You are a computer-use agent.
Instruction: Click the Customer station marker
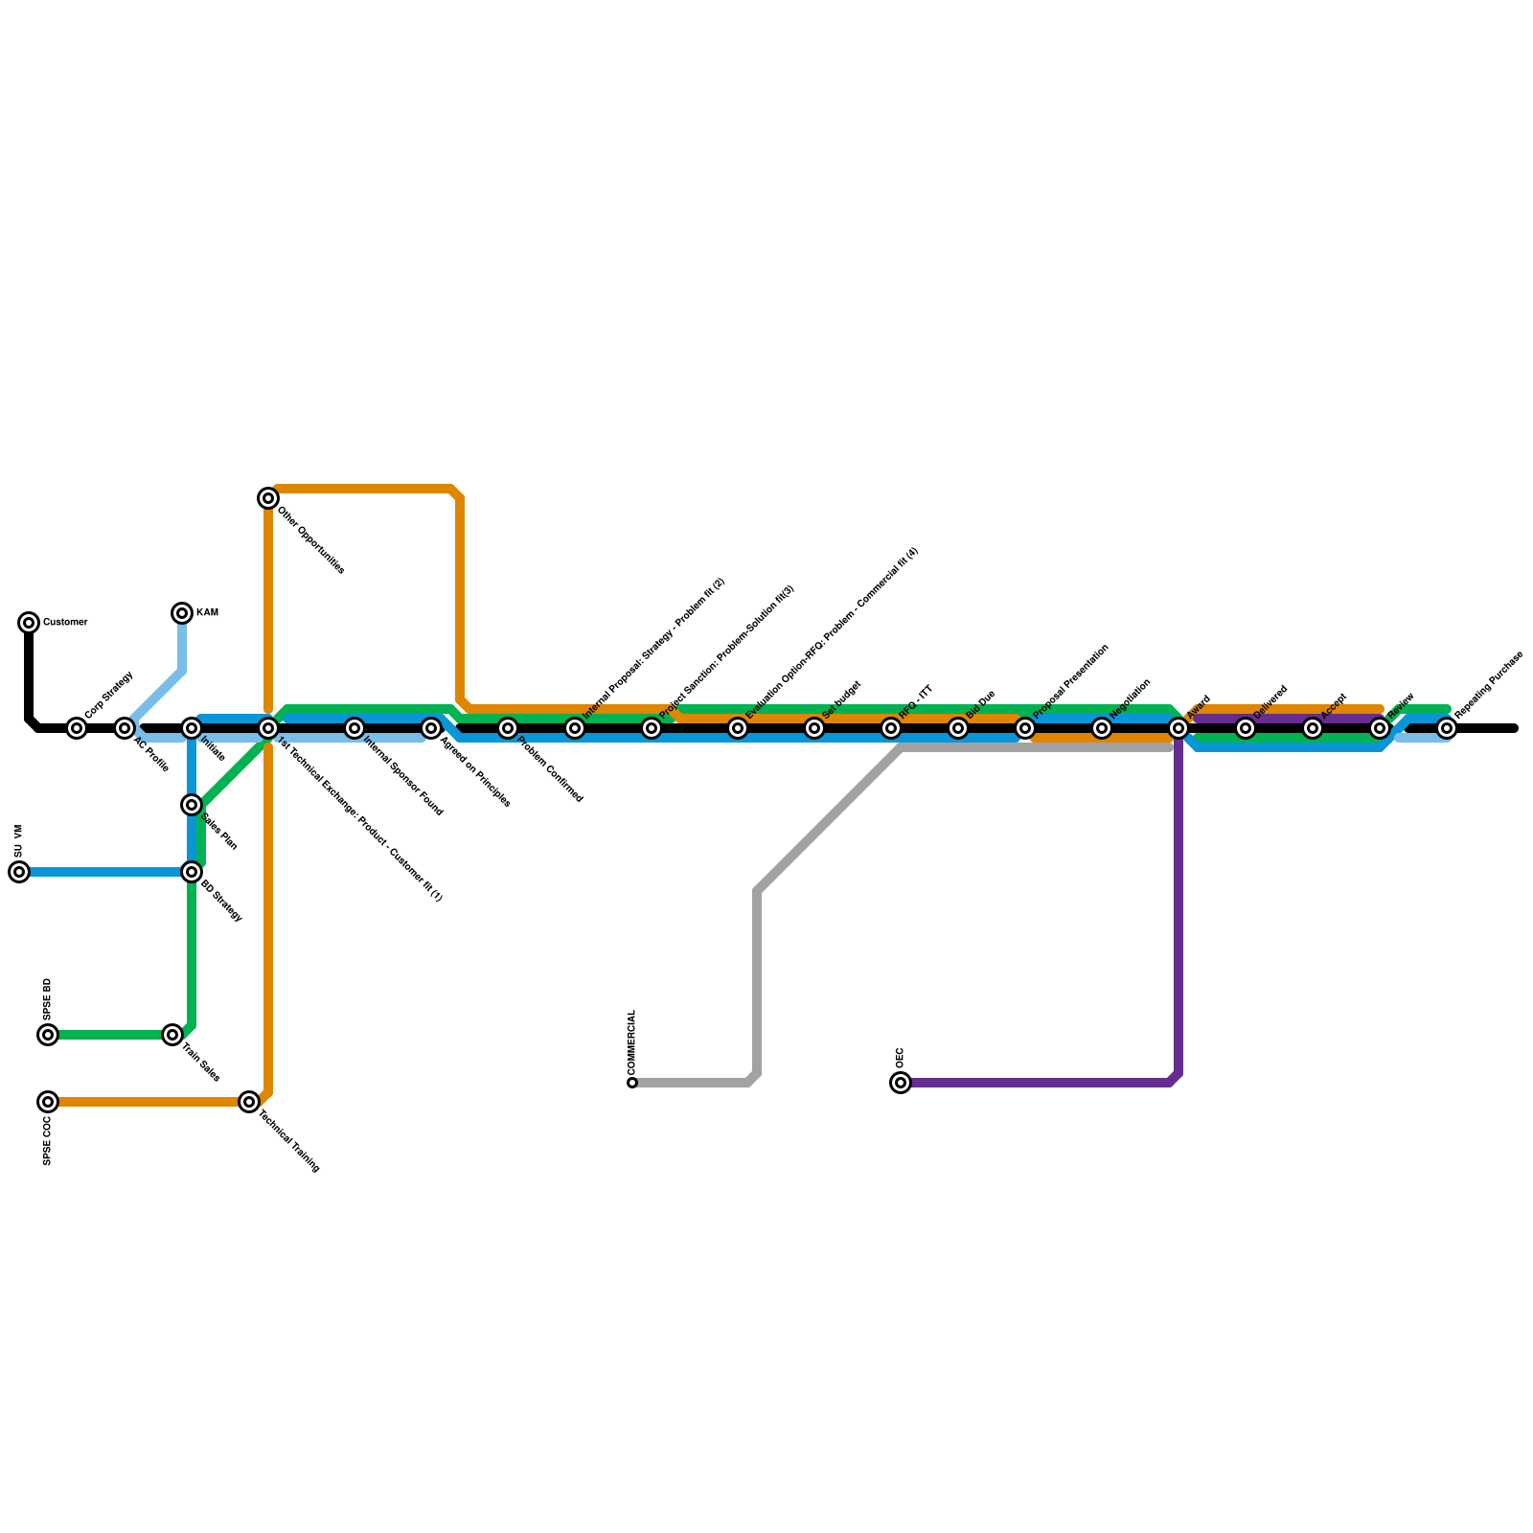pyautogui.click(x=29, y=623)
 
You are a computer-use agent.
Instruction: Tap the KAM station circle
pyautogui.click(x=182, y=613)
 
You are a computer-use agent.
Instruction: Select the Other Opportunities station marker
pyautogui.click(x=268, y=498)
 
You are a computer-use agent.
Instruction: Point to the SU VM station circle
pyautogui.click(x=19, y=872)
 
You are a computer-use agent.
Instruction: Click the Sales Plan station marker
pyautogui.click(x=192, y=805)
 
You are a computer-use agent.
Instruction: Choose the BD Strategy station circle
pyautogui.click(x=192, y=872)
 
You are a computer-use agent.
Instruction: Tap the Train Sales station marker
pyautogui.click(x=172, y=1035)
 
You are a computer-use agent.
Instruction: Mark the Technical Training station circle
pyautogui.click(x=249, y=1102)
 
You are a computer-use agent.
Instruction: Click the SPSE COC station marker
pyautogui.click(x=48, y=1102)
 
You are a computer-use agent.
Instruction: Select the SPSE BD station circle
pyautogui.click(x=48, y=1035)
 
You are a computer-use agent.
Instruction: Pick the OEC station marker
pyautogui.click(x=901, y=1083)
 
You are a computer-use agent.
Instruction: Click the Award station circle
pyautogui.click(x=1178, y=728)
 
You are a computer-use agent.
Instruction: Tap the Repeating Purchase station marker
pyautogui.click(x=1447, y=728)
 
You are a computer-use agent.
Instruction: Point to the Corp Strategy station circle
pyautogui.click(x=77, y=728)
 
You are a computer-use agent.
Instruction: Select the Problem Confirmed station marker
pyautogui.click(x=508, y=728)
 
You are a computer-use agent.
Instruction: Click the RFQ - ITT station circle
pyautogui.click(x=891, y=728)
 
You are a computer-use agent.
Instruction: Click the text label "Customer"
pyautogui.click(x=66, y=623)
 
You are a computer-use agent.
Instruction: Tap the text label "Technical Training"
pyautogui.click(x=289, y=1140)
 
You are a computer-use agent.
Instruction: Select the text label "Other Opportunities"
pyautogui.click(x=310, y=540)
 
